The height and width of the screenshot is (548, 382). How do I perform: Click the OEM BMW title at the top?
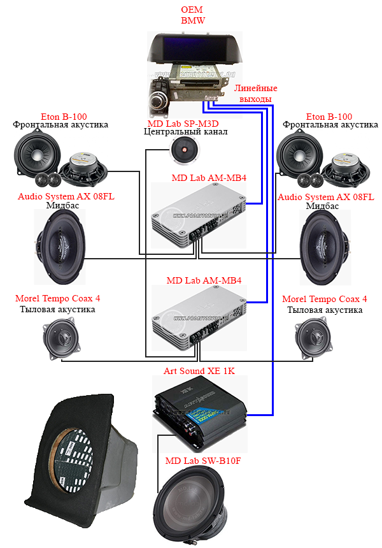click(192, 15)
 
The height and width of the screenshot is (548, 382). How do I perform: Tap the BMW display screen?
click(194, 48)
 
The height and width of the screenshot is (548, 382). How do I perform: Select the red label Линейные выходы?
click(255, 93)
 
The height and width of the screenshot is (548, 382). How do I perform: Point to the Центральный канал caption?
click(185, 132)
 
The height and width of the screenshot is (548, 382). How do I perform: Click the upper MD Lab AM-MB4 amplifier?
click(199, 215)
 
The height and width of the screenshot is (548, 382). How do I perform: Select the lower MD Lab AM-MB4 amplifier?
click(200, 317)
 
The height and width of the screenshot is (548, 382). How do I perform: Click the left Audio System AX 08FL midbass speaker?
click(60, 246)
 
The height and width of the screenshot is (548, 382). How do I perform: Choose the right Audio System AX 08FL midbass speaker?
click(325, 247)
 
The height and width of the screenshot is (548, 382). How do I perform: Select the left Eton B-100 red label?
click(64, 117)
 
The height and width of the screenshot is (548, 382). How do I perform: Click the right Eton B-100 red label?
click(329, 117)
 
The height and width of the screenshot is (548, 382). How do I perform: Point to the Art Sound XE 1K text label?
click(199, 371)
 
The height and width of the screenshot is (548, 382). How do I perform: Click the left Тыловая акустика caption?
click(57, 309)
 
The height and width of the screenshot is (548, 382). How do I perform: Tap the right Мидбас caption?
click(322, 206)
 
